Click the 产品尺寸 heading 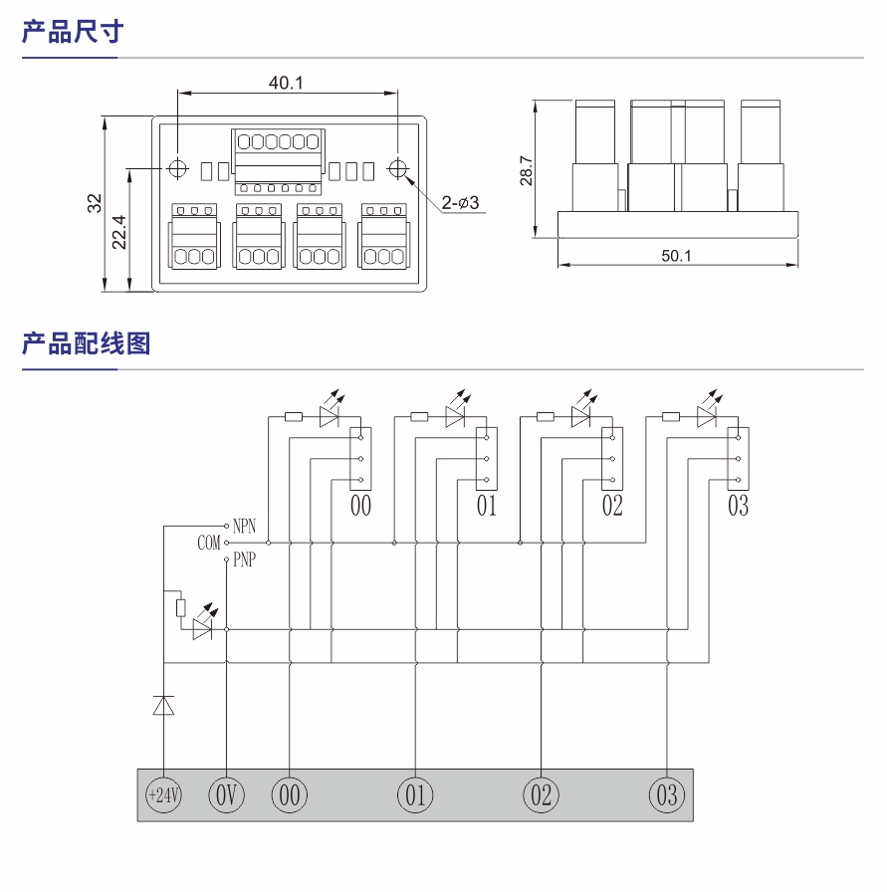coord(72,32)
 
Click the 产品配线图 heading coord(86,344)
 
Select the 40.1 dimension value coord(286,83)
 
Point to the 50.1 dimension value coord(676,255)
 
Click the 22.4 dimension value coord(119,232)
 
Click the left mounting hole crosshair coord(178,168)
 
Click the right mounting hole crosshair coord(398,168)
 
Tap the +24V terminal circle coord(163,795)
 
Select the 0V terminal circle coord(226,795)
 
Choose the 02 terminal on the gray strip coord(542,795)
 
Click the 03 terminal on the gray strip coord(667,795)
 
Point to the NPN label coord(244,525)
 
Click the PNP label coord(244,560)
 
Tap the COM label coord(208,544)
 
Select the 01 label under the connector coord(486,506)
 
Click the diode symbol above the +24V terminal coord(163,705)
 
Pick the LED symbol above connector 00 coord(331,416)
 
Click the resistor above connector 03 coord(671,417)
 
